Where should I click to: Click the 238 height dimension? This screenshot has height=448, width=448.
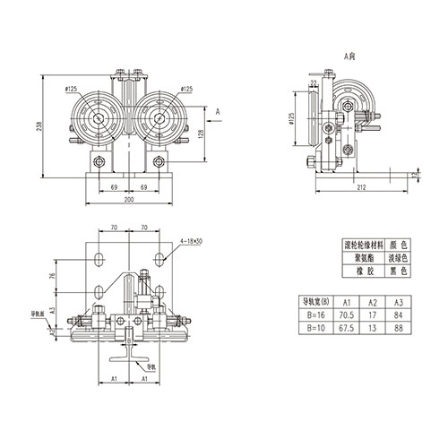point(39,127)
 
